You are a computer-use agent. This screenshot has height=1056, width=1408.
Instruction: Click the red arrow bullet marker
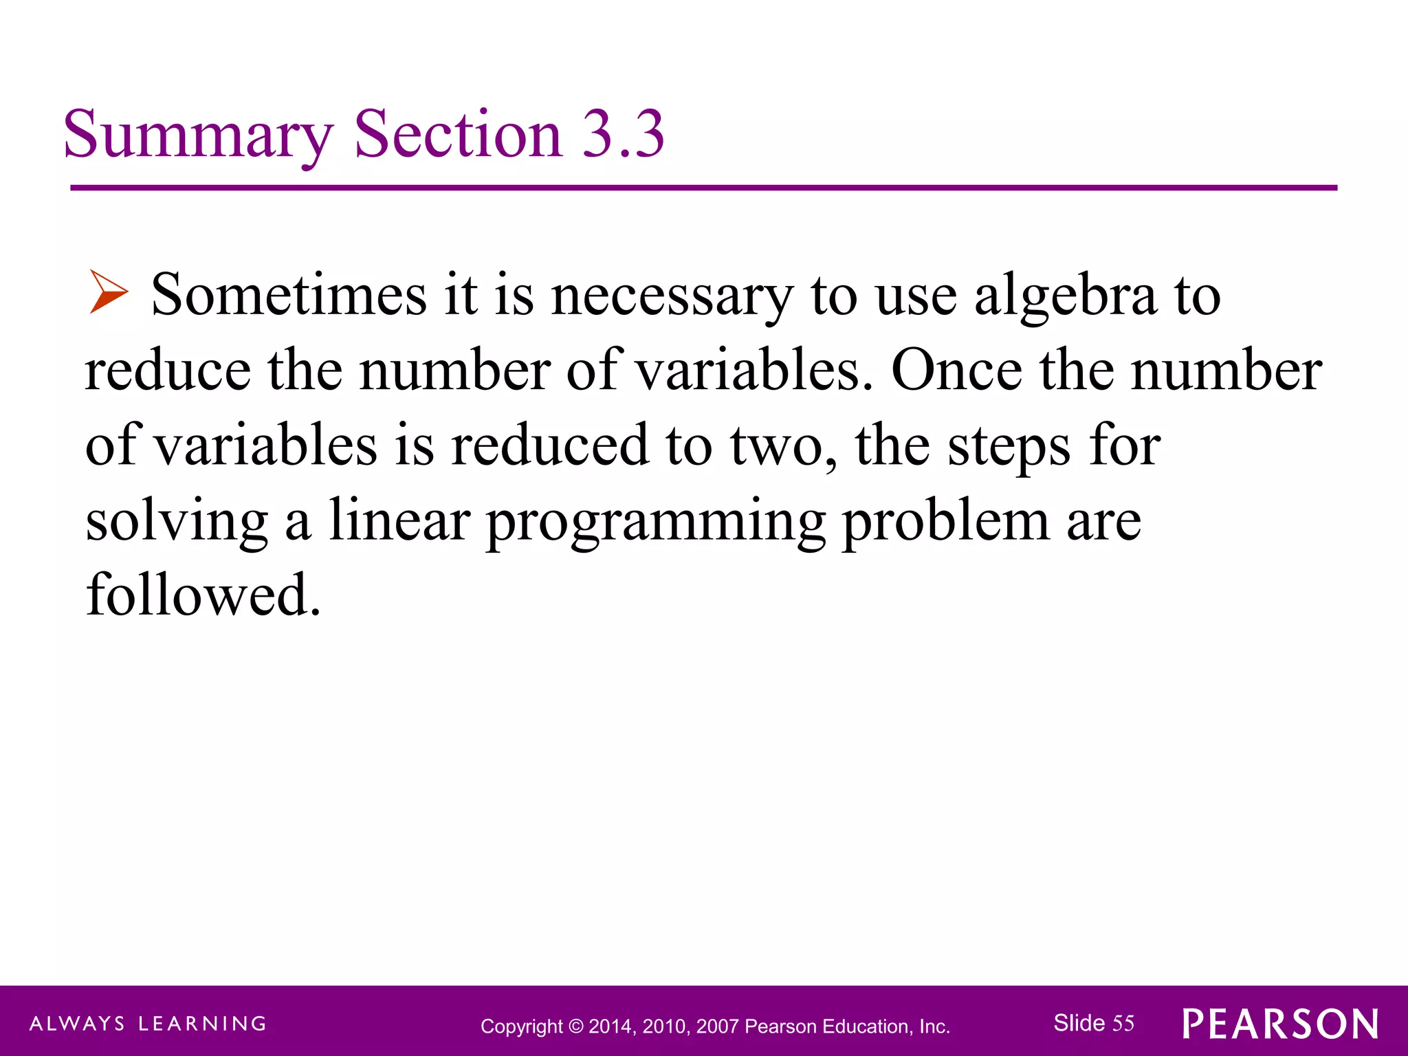(109, 292)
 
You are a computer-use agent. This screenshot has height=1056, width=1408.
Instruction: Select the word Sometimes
(289, 296)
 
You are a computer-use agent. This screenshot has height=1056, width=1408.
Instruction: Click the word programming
(656, 522)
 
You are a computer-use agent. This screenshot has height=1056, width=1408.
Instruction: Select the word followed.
(203, 595)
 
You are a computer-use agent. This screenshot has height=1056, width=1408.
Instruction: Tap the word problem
(945, 522)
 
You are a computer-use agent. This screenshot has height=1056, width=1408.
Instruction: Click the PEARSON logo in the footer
(1280, 1024)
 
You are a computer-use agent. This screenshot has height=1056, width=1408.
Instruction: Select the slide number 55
(1123, 1023)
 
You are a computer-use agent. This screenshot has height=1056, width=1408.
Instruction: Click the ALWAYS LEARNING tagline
(148, 1024)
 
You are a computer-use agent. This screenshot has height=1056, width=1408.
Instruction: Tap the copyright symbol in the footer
(576, 1026)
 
